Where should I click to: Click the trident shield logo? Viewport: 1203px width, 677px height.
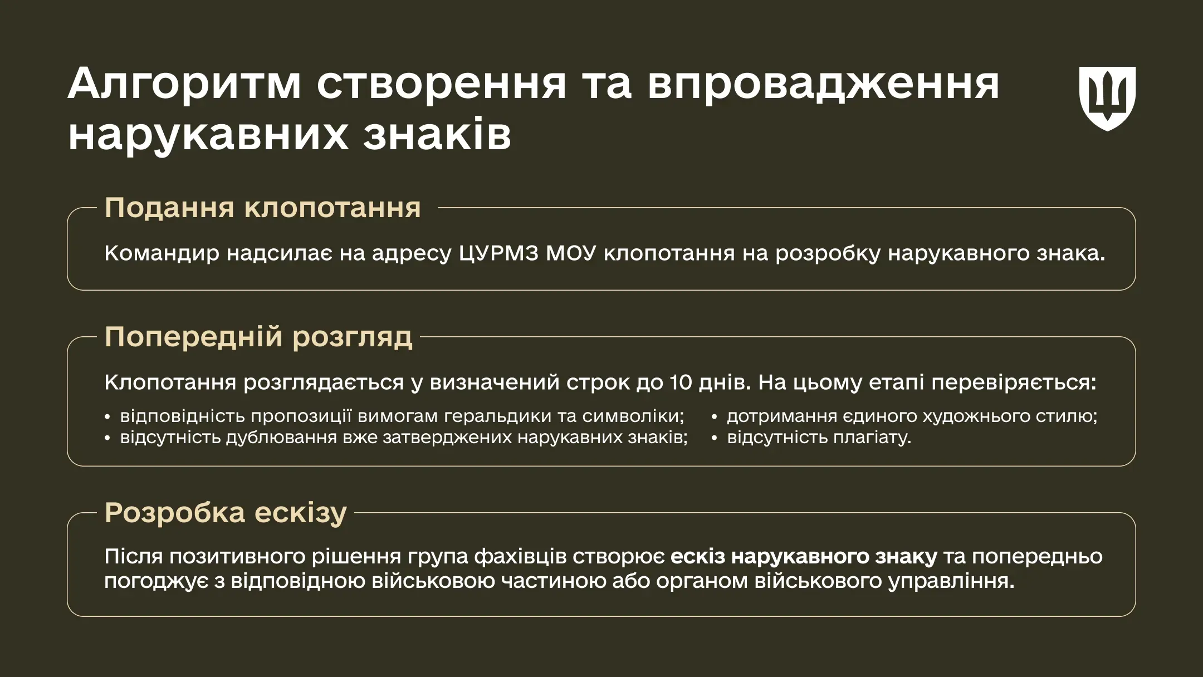[x=1107, y=99]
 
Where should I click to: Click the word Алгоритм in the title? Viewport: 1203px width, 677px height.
[x=184, y=84]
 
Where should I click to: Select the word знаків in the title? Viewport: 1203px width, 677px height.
[x=437, y=134]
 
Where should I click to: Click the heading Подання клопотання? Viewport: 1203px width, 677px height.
[x=263, y=208]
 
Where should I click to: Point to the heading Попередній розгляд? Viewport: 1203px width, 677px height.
[x=259, y=337]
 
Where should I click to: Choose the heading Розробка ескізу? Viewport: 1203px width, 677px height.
[x=226, y=513]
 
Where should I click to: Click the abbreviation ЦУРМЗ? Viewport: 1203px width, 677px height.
[x=499, y=254]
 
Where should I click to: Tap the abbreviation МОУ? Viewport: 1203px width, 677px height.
[x=571, y=253]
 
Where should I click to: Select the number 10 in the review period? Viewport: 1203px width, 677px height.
[x=681, y=382]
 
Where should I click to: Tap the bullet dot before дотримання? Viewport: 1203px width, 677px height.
[x=714, y=417]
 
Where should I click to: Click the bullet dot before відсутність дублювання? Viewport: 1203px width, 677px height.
[x=107, y=438]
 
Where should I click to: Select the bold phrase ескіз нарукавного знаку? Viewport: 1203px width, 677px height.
[x=804, y=557]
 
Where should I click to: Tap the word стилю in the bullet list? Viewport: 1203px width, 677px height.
[x=1066, y=416]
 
